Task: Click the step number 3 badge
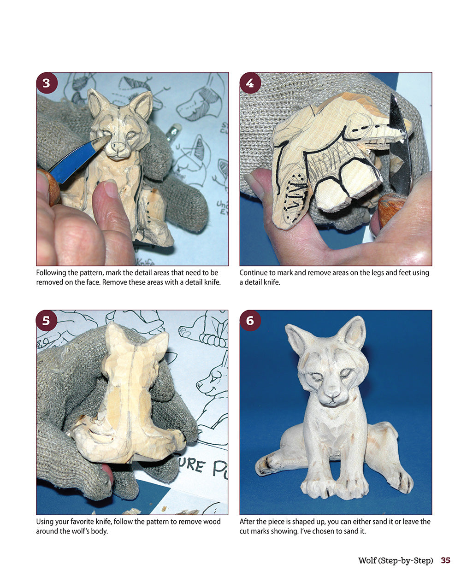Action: [x=47, y=83]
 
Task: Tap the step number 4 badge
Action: [x=250, y=83]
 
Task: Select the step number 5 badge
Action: [x=47, y=321]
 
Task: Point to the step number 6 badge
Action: [x=250, y=321]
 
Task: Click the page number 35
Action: [x=445, y=560]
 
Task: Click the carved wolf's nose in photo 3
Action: [x=118, y=147]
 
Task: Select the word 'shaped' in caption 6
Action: [x=309, y=522]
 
